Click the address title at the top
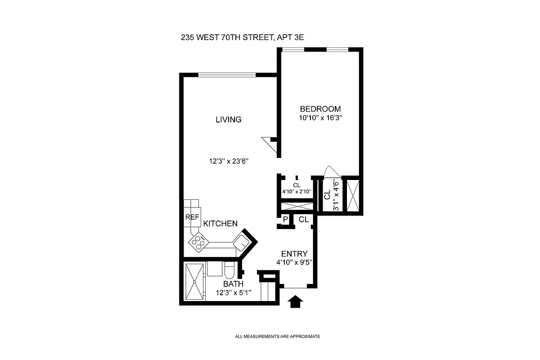(x=242, y=38)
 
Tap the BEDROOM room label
(x=320, y=109)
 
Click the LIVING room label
(x=228, y=120)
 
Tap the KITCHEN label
(x=220, y=224)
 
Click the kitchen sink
(x=242, y=242)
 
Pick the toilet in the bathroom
(x=229, y=270)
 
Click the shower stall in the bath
(x=194, y=282)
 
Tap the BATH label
(x=234, y=284)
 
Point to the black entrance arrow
(x=295, y=301)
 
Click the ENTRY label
(x=294, y=254)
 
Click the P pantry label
(x=285, y=220)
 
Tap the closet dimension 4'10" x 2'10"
(x=297, y=191)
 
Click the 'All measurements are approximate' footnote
(x=277, y=336)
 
